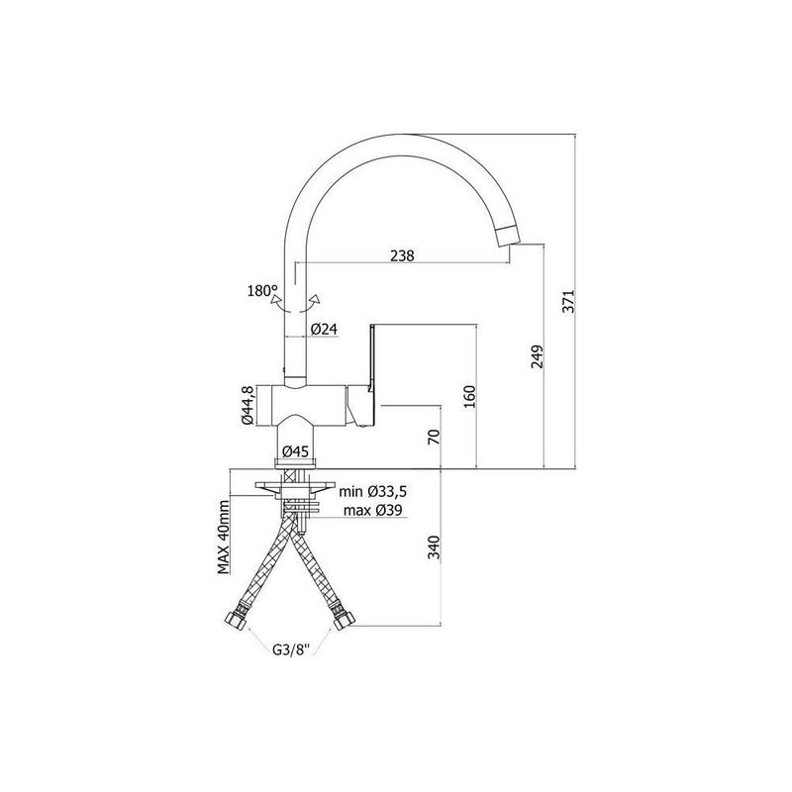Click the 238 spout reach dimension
pyautogui.click(x=402, y=255)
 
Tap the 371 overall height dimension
pyautogui.click(x=568, y=302)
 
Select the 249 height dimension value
pyautogui.click(x=537, y=356)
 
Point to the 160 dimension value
pyautogui.click(x=469, y=397)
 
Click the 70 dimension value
pyautogui.click(x=434, y=437)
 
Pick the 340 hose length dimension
pyautogui.click(x=434, y=548)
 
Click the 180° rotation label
pyautogui.click(x=262, y=291)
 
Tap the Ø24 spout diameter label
pyautogui.click(x=324, y=330)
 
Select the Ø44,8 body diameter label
pyautogui.click(x=247, y=405)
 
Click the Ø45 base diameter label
pyautogui.click(x=295, y=451)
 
